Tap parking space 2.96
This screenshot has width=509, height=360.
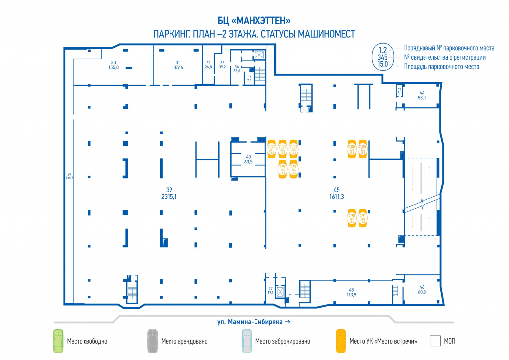282,169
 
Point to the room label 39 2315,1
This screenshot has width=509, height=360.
169,193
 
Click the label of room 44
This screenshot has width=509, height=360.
422,95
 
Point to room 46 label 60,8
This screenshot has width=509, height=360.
422,290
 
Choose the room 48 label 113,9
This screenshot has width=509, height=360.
351,292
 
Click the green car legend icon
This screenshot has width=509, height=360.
59,341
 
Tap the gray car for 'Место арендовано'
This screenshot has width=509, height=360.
153,341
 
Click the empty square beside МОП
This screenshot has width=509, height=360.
435,341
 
